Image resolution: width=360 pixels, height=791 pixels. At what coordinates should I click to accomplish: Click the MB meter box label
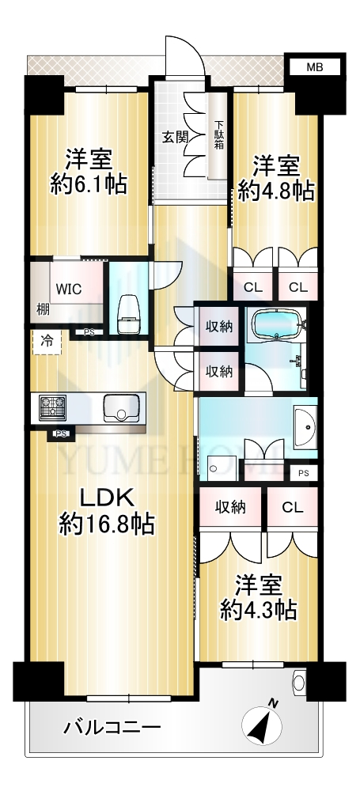click(x=315, y=66)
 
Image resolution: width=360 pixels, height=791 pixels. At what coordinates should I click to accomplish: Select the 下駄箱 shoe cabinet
click(x=218, y=135)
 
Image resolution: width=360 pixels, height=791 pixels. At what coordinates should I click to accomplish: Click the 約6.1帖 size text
click(x=88, y=185)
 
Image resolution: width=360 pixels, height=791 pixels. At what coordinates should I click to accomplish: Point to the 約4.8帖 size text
click(x=276, y=191)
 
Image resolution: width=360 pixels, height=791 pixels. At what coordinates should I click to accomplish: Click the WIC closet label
click(x=69, y=289)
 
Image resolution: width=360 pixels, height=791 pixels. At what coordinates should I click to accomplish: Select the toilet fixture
click(x=128, y=315)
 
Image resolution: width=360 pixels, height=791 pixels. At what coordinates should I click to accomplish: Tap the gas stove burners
click(x=52, y=408)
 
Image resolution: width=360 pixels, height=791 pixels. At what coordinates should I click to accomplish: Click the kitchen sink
click(x=121, y=408)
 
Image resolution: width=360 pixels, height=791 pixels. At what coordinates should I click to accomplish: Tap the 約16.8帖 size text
click(x=107, y=526)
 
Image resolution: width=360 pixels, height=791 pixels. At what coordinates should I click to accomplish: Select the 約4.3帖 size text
click(x=257, y=611)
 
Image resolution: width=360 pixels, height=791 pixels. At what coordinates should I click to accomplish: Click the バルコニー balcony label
click(x=112, y=728)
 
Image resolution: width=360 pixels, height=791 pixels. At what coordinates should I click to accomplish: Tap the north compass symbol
click(x=262, y=725)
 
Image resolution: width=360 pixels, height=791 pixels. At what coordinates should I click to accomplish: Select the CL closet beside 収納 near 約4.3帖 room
click(x=293, y=508)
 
